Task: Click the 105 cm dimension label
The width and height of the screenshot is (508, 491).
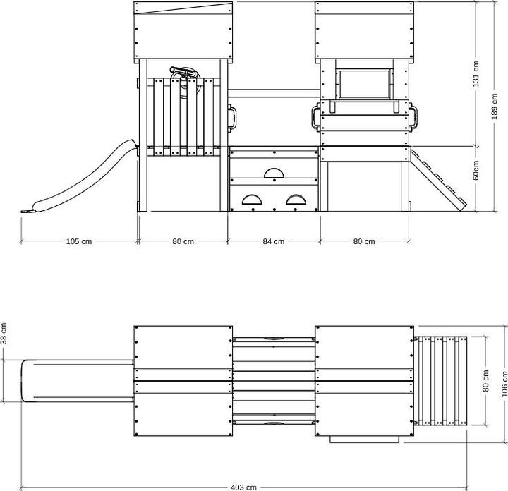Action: point(79,241)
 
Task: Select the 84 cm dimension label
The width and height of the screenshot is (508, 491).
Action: point(274,241)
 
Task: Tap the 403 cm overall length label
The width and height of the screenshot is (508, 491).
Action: point(243,487)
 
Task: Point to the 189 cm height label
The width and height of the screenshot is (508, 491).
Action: point(495,107)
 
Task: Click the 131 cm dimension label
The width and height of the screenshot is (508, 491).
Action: point(476,74)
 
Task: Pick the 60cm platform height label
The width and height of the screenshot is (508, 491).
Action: point(476,170)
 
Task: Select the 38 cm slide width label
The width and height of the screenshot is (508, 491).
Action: point(4,334)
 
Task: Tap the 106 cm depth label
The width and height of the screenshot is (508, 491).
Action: point(504,384)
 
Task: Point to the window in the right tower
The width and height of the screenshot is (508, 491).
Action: point(364,84)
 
